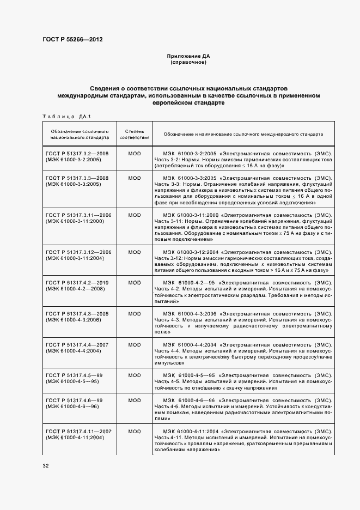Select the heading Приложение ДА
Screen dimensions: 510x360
point(188,57)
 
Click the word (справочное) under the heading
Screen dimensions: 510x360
point(188,63)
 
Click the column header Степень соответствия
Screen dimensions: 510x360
point(134,135)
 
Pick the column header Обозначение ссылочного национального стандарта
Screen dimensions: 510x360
point(80,135)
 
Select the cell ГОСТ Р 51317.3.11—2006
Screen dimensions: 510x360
point(79,215)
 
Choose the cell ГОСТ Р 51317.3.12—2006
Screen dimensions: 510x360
point(79,252)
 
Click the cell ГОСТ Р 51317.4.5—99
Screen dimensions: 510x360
point(75,375)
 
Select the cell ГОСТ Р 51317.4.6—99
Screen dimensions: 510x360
point(75,400)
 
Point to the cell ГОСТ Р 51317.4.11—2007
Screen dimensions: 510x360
point(79,431)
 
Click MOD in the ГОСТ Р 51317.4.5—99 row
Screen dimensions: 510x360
point(134,375)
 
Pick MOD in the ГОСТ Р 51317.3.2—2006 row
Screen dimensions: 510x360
point(134,154)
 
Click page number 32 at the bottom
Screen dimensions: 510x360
point(45,466)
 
